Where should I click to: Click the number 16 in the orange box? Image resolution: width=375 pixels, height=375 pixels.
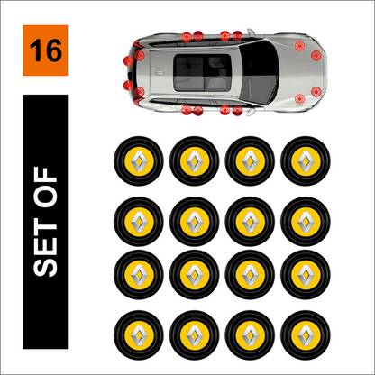click(45, 50)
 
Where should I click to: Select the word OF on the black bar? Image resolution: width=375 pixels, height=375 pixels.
click(45, 187)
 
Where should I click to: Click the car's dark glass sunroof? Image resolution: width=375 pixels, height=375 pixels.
click(203, 73)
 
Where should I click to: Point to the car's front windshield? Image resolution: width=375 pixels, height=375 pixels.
click(259, 72)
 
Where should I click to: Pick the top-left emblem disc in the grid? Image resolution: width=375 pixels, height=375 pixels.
click(139, 161)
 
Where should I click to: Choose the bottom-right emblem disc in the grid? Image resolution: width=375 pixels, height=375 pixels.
click(306, 335)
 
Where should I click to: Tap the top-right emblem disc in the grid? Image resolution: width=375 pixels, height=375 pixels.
click(306, 161)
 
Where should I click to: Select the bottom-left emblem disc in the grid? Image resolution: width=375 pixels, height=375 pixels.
click(139, 335)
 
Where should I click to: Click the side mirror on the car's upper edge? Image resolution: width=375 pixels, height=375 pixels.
click(251, 32)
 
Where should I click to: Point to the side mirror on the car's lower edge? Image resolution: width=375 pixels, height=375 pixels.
click(251, 113)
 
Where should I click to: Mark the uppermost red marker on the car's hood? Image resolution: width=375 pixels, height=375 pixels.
click(299, 46)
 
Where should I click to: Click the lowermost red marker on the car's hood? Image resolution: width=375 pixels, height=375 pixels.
click(299, 98)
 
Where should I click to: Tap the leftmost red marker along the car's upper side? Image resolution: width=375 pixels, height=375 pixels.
click(187, 37)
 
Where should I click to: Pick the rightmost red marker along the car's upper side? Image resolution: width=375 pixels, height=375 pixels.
click(237, 36)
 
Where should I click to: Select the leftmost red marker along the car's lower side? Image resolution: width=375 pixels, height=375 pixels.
click(187, 110)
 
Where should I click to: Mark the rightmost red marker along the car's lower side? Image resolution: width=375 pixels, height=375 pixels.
click(237, 111)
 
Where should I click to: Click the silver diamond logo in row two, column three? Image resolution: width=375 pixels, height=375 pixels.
click(250, 222)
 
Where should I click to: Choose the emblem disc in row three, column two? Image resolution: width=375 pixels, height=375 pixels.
click(194, 275)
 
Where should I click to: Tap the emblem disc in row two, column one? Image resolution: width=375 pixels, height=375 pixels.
click(139, 222)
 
